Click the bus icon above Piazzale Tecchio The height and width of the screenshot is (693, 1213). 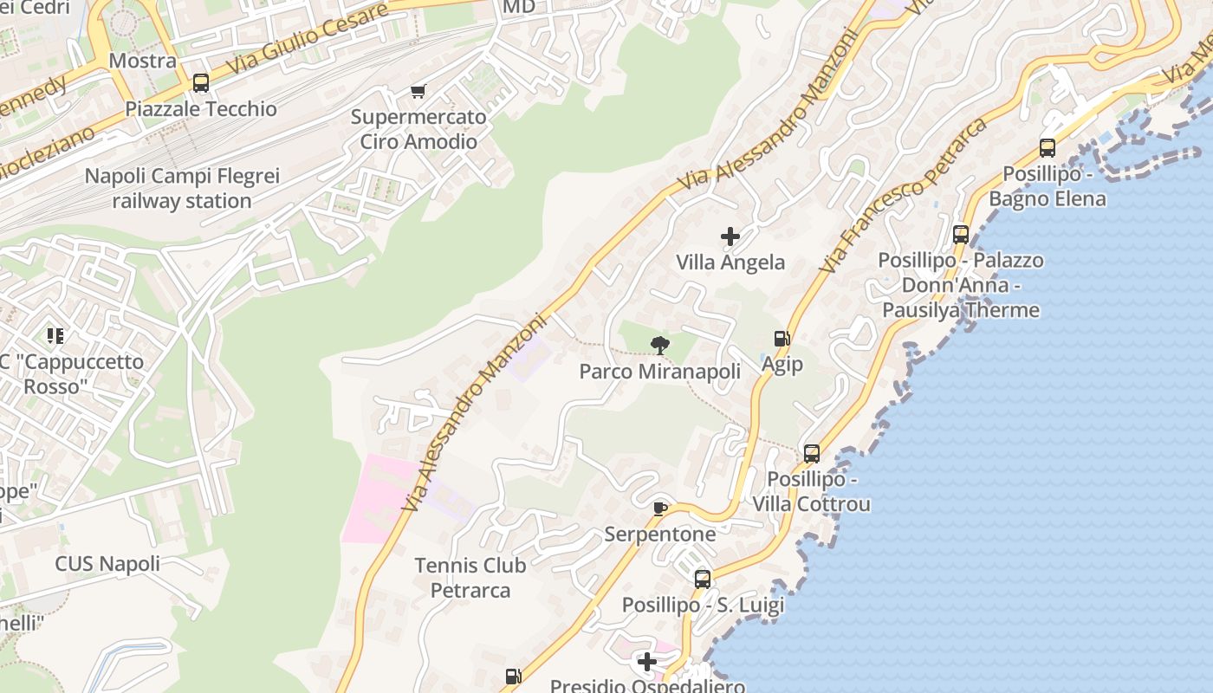pyautogui.click(x=201, y=83)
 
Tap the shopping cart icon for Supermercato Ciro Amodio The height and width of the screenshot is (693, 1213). pyautogui.click(x=418, y=92)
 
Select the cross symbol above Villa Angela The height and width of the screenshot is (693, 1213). pyautogui.click(x=730, y=236)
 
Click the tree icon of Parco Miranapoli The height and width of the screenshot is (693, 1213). pyautogui.click(x=660, y=346)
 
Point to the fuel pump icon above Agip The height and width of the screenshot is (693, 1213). pyautogui.click(x=782, y=339)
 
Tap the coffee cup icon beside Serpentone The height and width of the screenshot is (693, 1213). pyautogui.click(x=660, y=508)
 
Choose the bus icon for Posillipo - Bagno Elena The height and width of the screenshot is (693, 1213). pyautogui.click(x=1048, y=148)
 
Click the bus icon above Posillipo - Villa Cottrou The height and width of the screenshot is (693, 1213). pyautogui.click(x=812, y=453)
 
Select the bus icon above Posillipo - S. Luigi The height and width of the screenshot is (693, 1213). pyautogui.click(x=703, y=579)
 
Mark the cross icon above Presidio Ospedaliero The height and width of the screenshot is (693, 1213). pyautogui.click(x=647, y=663)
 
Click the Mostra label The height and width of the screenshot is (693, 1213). pyautogui.click(x=143, y=61)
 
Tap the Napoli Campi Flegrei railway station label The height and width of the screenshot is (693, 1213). pyautogui.click(x=182, y=189)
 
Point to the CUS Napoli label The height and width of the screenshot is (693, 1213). pyautogui.click(x=107, y=564)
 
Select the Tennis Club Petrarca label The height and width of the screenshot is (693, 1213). pyautogui.click(x=470, y=578)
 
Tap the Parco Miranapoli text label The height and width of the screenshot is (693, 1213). pyautogui.click(x=660, y=372)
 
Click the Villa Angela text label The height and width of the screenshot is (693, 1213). pyautogui.click(x=730, y=262)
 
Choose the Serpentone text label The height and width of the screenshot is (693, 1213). pyautogui.click(x=660, y=534)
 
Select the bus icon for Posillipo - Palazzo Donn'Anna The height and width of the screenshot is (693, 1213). pyautogui.click(x=961, y=235)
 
